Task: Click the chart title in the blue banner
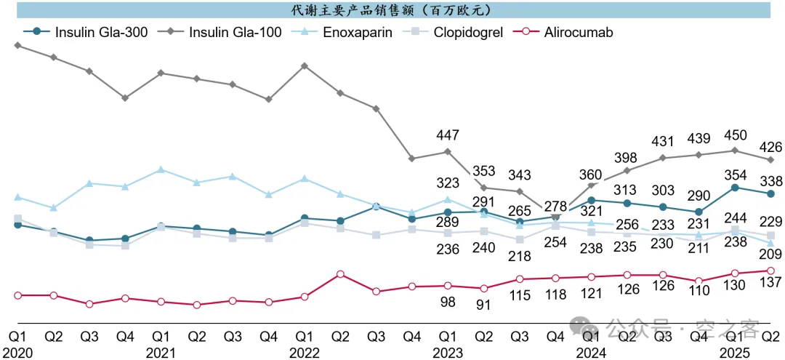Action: (x=392, y=10)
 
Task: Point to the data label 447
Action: (x=448, y=135)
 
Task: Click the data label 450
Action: (x=736, y=135)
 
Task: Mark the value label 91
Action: (x=484, y=304)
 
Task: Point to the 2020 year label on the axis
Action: (x=18, y=351)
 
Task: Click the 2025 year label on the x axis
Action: (x=735, y=351)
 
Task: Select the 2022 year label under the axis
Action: (x=305, y=351)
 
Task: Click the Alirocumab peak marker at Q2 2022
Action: (x=340, y=274)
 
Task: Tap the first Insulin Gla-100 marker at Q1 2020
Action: (x=18, y=46)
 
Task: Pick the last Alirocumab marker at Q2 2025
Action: (x=771, y=271)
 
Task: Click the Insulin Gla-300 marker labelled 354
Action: (x=736, y=188)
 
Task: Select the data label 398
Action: (x=627, y=158)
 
